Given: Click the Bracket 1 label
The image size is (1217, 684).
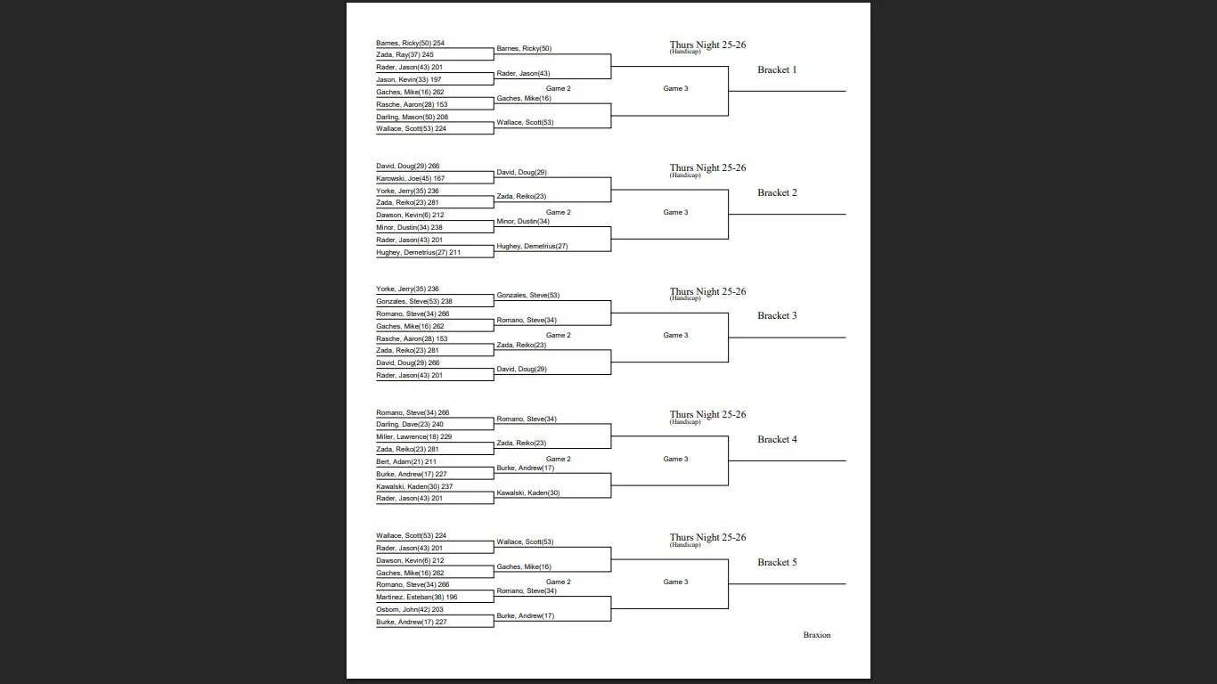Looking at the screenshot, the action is pos(777,69).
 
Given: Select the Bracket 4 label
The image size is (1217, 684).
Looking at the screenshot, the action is pos(777,439).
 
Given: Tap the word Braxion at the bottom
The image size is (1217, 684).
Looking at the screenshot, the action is pos(816,635).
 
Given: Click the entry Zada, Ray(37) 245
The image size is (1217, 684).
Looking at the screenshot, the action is pos(404,55).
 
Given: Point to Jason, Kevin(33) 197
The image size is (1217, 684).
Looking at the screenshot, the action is pos(408,80).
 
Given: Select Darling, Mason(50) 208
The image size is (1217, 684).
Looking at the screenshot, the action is pos(412,117).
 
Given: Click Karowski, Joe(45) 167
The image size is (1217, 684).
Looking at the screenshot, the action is pos(410,178).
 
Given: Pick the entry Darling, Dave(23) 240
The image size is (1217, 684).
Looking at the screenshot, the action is pos(409,425).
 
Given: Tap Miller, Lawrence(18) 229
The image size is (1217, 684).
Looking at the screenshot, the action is pos(413,437).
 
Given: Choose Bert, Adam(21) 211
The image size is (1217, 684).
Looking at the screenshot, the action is pos(405,461).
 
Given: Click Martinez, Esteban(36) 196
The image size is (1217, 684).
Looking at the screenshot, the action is pos(416,597).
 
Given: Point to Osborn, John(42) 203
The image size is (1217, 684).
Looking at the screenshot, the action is pos(409,609).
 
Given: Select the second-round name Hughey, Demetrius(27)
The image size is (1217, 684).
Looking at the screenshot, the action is pos(532,246).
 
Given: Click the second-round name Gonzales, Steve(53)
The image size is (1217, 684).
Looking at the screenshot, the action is pos(527,295).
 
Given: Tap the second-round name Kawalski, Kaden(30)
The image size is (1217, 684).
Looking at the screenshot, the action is pos(527,493).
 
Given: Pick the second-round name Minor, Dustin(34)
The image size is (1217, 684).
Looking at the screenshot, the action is pos(523,221).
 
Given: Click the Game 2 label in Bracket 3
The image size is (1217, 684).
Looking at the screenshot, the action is pos(558,335).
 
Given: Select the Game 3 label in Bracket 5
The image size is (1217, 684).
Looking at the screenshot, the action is pos(675,582).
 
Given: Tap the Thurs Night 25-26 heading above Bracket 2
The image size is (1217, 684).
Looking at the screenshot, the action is pos(707,167).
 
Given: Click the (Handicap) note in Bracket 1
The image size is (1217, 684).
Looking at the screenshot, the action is pos(685,52).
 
